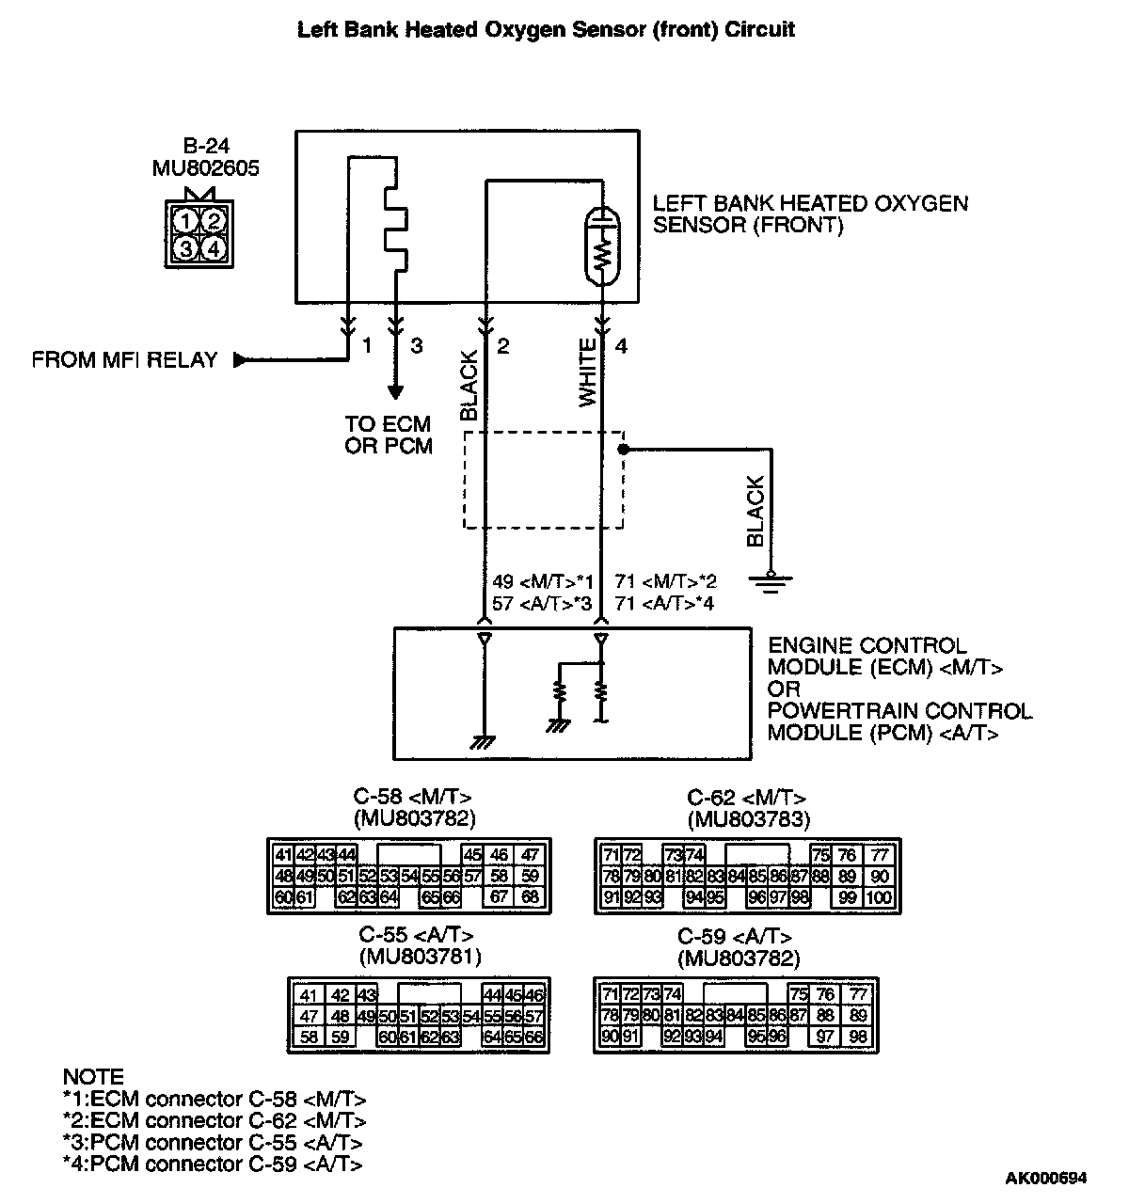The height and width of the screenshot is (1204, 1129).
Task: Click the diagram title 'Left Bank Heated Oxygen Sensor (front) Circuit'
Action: click(546, 30)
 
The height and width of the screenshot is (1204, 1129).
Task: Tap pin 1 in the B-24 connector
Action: click(187, 221)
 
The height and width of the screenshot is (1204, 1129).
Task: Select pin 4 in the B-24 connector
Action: click(215, 248)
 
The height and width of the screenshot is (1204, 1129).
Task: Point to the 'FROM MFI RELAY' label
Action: click(124, 359)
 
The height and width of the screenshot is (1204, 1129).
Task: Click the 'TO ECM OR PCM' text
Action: click(389, 435)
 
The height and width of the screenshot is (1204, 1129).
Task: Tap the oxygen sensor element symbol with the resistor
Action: click(601, 246)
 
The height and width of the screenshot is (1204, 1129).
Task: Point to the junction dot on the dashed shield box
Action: click(623, 450)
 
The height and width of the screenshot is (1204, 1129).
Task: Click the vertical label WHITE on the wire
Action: click(588, 373)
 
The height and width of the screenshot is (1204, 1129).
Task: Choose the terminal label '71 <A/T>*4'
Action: click(664, 603)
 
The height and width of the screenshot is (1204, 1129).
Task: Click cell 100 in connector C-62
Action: click(881, 897)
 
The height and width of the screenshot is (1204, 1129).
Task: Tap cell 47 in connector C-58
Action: click(531, 855)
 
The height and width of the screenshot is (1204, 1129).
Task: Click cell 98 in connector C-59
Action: click(857, 1037)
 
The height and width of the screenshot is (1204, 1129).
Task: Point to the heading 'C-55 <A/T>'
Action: click(417, 936)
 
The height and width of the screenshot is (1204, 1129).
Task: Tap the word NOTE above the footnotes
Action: click(93, 1077)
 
